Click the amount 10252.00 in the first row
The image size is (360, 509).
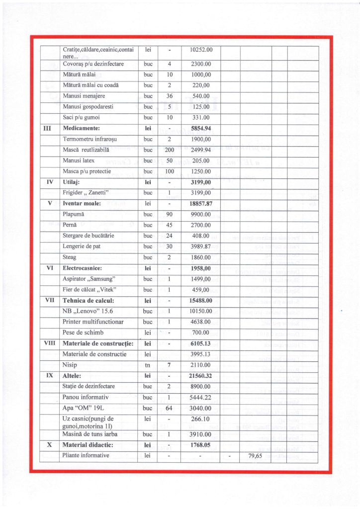(x=201, y=50)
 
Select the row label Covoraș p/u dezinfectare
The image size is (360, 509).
(x=93, y=64)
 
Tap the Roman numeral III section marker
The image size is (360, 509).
(x=50, y=128)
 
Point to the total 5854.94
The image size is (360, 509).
(x=201, y=128)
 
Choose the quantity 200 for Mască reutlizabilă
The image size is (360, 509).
(x=170, y=150)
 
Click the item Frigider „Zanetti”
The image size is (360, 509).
(x=87, y=192)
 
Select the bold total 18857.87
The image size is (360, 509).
(x=201, y=203)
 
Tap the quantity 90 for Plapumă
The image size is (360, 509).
(x=170, y=214)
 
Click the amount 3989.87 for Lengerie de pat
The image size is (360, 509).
(x=201, y=247)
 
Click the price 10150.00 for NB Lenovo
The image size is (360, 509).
(x=201, y=311)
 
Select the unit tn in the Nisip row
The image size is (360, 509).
(x=148, y=365)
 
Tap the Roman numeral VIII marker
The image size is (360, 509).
(x=50, y=343)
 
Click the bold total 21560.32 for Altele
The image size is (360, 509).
(x=201, y=376)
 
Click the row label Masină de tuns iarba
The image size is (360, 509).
(x=92, y=433)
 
